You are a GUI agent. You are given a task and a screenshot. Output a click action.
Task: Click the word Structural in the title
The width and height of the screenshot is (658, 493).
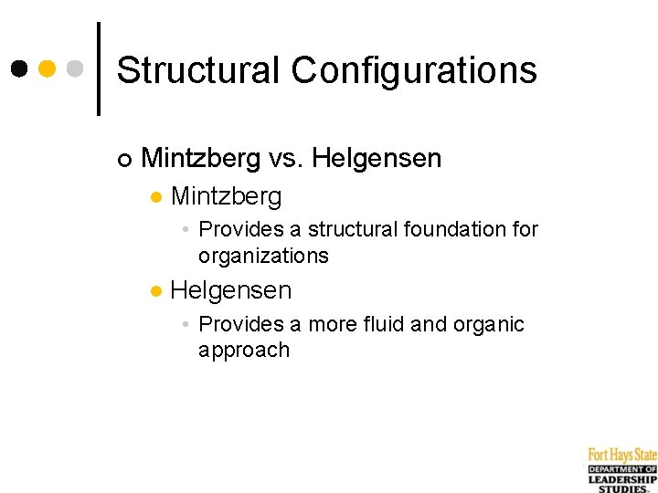click(197, 69)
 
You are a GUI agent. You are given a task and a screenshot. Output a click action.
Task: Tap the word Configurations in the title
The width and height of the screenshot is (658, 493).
click(414, 71)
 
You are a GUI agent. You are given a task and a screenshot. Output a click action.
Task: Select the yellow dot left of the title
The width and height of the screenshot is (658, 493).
click(48, 68)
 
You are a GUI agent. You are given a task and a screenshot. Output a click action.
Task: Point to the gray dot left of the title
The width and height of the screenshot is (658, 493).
click(76, 68)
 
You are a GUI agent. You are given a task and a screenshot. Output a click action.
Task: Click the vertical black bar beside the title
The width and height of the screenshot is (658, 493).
click(99, 68)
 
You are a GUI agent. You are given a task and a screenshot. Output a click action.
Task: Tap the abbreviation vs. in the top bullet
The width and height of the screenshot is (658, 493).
click(286, 159)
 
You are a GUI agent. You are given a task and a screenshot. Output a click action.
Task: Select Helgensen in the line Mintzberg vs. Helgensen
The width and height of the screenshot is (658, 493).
click(377, 159)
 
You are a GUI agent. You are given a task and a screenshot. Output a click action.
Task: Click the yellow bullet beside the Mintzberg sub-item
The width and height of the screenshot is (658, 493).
click(156, 197)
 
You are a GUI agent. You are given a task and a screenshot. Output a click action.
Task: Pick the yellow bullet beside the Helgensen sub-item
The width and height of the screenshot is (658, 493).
click(156, 292)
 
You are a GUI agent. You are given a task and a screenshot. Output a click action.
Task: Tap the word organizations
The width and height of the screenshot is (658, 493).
click(263, 256)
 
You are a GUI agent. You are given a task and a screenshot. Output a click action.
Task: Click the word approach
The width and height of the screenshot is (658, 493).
click(243, 351)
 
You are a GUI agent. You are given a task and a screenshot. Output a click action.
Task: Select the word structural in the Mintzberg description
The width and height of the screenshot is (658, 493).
click(350, 229)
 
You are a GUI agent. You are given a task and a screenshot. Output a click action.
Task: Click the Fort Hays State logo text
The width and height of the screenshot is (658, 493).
click(621, 455)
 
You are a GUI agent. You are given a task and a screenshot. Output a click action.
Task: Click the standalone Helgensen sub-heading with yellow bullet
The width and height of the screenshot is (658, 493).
click(231, 291)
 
